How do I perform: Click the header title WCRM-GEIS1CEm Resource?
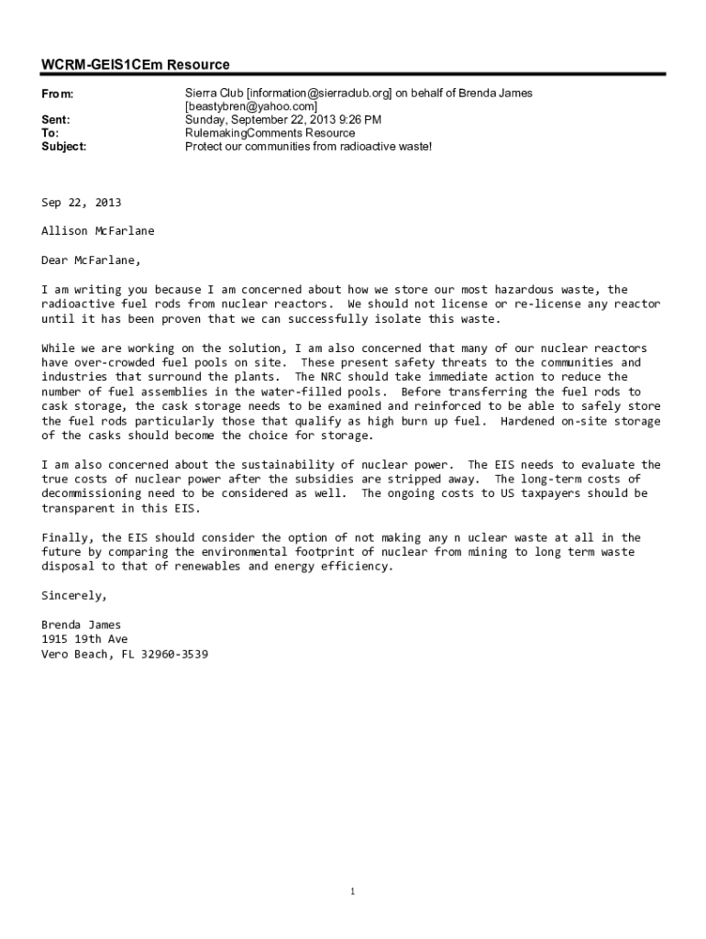click(136, 64)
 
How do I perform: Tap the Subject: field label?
click(64, 146)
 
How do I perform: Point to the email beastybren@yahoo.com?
click(251, 106)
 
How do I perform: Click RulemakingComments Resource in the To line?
click(270, 133)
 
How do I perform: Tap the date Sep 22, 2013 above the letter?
click(81, 202)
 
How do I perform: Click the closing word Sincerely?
click(74, 595)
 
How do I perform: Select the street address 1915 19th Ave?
click(84, 639)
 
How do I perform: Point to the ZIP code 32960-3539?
click(174, 654)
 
